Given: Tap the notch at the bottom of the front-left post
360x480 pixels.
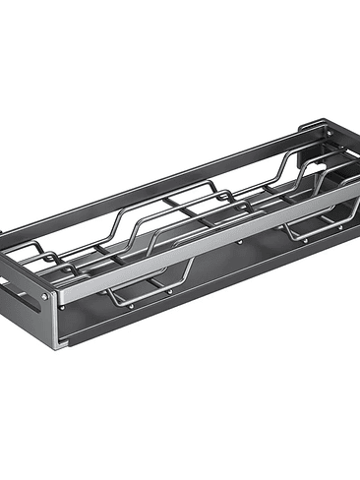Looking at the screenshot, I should [x=61, y=342].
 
